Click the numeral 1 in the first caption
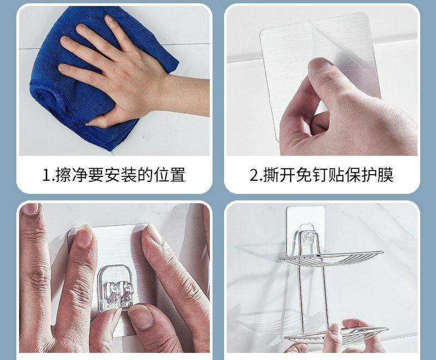point(46,175)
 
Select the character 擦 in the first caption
point(63,175)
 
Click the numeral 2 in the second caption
point(254,175)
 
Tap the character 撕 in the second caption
point(271,175)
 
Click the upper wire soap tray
point(331,258)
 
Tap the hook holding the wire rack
point(307,239)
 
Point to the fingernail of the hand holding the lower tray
point(335,328)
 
